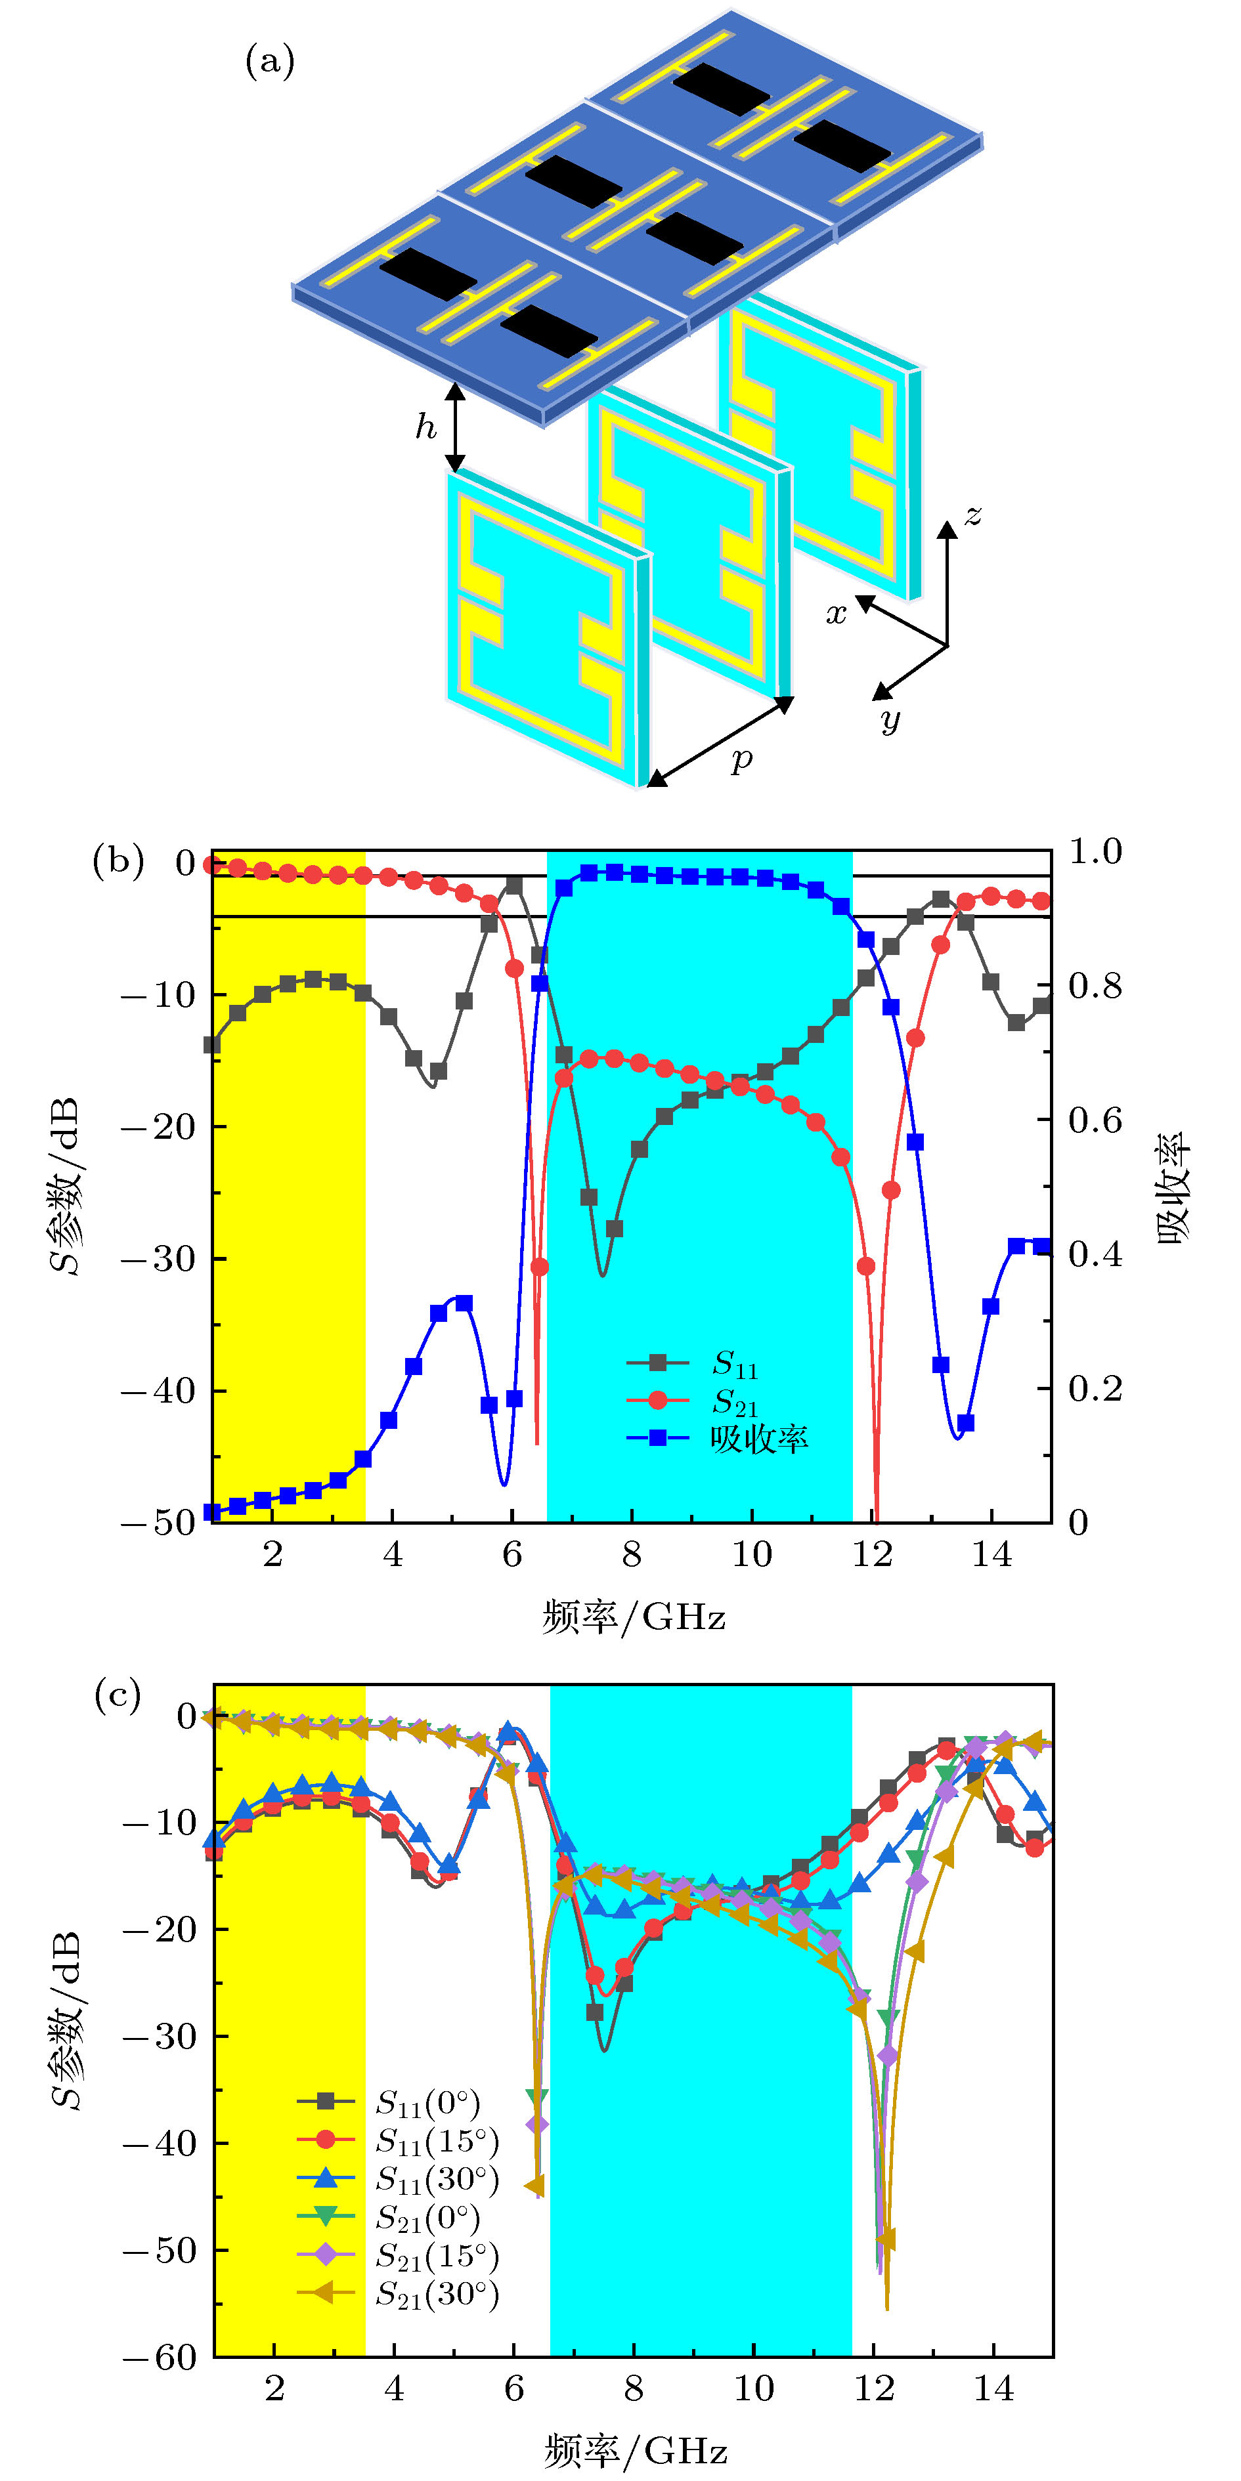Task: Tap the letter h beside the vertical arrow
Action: point(425,426)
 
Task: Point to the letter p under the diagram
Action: point(741,761)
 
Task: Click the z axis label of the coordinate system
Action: point(973,517)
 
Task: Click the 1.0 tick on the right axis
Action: point(1095,851)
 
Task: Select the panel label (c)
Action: point(118,1694)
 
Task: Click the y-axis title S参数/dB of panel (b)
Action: point(66,1187)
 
